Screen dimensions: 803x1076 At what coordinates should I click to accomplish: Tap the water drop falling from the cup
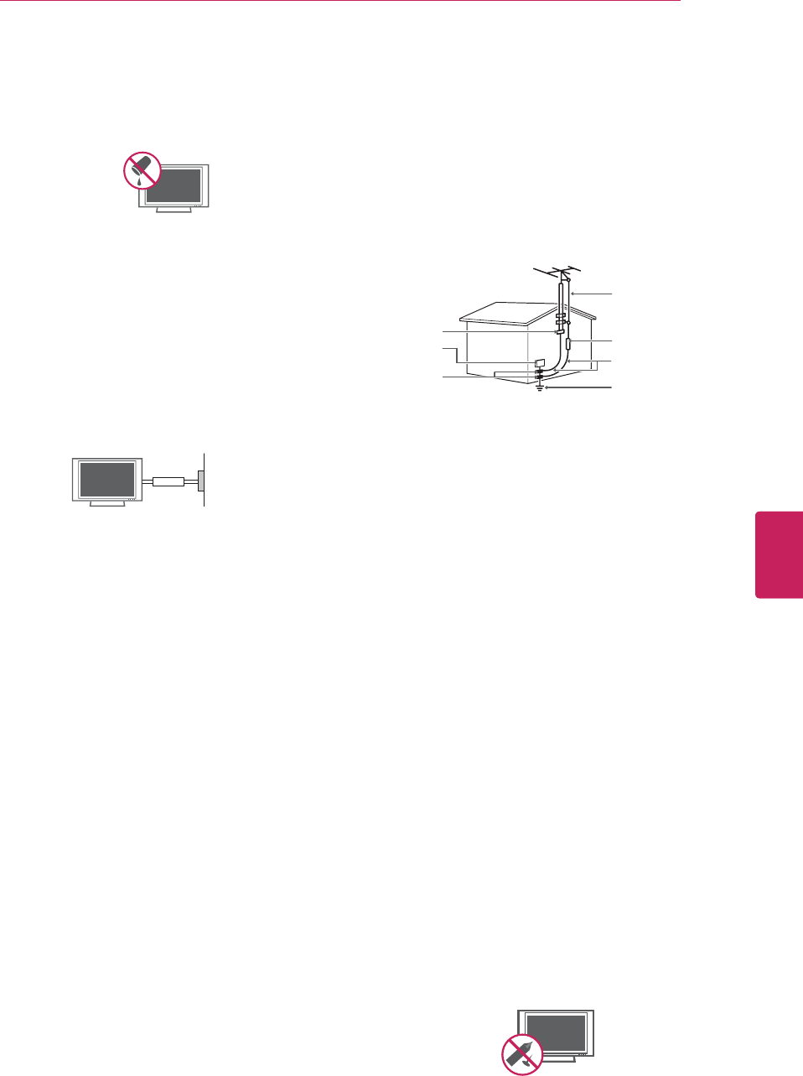139,180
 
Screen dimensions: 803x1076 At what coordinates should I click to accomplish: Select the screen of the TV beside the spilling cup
174,185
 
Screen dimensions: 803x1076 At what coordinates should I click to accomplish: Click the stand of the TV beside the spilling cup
174,211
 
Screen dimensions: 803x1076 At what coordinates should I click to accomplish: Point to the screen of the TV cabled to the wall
106,480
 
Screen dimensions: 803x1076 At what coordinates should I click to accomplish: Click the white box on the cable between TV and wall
168,481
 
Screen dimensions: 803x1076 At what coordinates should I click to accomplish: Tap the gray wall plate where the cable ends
201,481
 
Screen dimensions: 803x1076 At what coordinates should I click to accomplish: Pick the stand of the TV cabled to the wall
106,504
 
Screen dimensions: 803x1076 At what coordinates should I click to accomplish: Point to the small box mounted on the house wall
540,364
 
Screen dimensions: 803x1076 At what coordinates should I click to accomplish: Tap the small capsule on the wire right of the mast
569,343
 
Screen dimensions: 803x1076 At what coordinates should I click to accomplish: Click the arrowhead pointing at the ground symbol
547,388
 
